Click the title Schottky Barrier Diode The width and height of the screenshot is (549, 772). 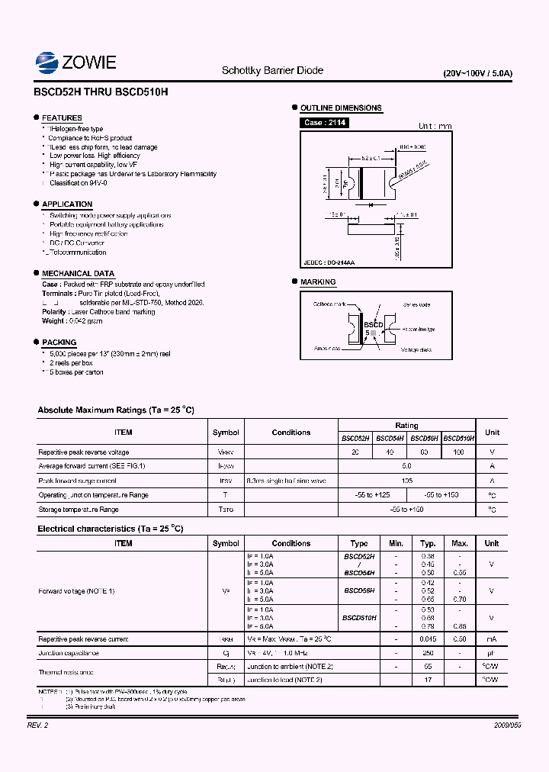(x=272, y=70)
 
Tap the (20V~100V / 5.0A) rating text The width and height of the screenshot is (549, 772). (x=478, y=74)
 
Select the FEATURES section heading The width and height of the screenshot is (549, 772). (x=62, y=118)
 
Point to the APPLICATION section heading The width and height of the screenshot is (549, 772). (x=67, y=204)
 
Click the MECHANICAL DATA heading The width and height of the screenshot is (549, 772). (x=78, y=273)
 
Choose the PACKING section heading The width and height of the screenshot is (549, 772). (x=59, y=343)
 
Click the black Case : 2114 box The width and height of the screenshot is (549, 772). (x=324, y=123)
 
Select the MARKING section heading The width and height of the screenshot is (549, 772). (x=318, y=282)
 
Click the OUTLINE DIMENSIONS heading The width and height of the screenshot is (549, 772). (x=341, y=108)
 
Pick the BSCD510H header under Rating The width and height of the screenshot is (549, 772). (x=458, y=439)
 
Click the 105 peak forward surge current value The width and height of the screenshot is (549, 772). (x=406, y=481)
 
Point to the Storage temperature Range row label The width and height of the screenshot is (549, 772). (x=79, y=509)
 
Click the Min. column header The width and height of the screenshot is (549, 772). (x=396, y=543)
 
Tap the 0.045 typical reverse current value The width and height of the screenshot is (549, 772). (x=428, y=639)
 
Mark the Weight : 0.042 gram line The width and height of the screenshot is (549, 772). (x=72, y=321)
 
